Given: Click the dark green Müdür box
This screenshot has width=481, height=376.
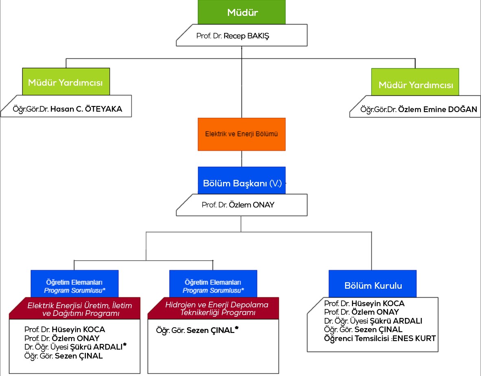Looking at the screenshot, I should (x=242, y=12).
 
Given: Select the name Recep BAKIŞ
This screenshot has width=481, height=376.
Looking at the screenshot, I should (x=246, y=36).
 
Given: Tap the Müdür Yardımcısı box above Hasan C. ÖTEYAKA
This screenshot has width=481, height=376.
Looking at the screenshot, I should (x=65, y=82).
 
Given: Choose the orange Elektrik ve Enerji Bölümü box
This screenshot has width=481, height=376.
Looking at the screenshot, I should (x=242, y=134).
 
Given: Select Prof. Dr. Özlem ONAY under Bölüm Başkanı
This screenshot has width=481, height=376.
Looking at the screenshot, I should (x=238, y=205).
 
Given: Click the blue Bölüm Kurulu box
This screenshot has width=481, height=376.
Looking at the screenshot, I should (x=373, y=285).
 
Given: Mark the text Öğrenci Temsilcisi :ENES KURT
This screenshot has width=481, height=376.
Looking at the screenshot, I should (x=380, y=338).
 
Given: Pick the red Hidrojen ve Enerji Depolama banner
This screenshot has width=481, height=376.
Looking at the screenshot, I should (x=216, y=308).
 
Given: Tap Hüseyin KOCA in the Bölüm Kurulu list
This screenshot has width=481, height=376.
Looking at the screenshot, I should (x=378, y=303).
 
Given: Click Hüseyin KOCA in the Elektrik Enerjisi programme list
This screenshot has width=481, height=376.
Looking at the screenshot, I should (x=78, y=329).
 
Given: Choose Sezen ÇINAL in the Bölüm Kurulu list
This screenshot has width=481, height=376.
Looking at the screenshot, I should (x=378, y=329).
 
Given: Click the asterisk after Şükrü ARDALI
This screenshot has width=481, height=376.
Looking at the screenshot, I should (x=125, y=345).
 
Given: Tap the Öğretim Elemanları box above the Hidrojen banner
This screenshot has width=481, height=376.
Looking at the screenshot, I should (x=213, y=286).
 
